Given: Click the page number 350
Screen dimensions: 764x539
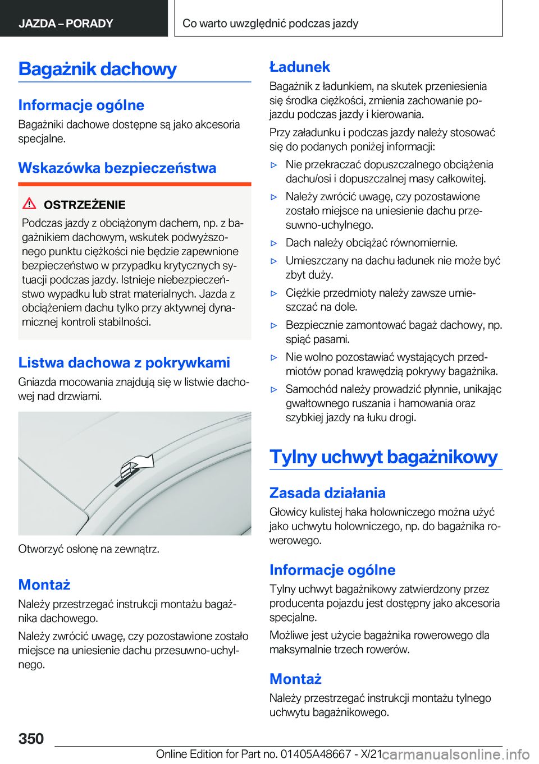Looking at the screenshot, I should (31, 738).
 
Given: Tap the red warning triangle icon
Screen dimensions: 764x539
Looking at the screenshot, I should (29, 204).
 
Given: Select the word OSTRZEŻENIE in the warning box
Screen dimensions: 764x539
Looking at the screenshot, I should (84, 205).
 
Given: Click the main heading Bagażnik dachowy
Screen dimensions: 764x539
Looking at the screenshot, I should (97, 69).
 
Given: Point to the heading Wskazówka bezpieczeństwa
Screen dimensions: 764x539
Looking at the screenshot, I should (117, 168).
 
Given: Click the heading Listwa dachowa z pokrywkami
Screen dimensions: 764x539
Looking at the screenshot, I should (124, 362).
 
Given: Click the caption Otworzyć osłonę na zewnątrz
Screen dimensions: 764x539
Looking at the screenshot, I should (89, 549).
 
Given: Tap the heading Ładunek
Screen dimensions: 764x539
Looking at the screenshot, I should (299, 67).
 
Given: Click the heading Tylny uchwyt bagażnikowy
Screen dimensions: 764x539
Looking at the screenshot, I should (383, 457).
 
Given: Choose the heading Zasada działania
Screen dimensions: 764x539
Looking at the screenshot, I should (327, 493).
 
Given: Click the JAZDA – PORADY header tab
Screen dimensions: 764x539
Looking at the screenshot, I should (66, 24).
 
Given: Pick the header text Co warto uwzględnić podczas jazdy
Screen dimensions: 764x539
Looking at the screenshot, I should (270, 24).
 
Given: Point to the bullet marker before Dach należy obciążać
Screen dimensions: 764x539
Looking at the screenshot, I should (274, 243).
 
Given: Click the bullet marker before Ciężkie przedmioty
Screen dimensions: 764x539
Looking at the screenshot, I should (274, 293).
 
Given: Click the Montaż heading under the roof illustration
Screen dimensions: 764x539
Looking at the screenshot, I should (44, 584).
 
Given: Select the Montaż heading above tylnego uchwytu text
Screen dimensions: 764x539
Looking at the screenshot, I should (295, 679).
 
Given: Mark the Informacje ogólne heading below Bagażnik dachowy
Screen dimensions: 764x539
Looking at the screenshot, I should (81, 105).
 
